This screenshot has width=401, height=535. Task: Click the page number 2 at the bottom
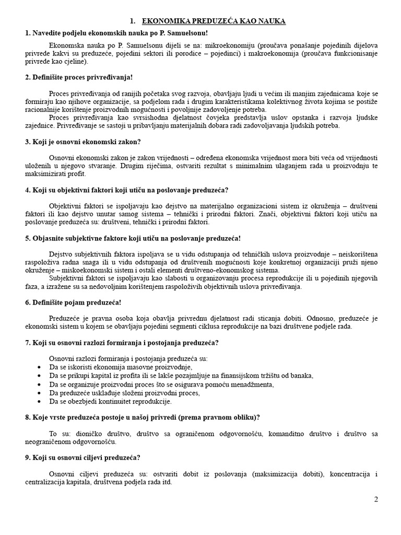click(375, 499)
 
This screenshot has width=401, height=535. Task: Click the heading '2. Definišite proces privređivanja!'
click(79, 77)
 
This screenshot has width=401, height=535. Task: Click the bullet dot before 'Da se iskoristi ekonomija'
click(41, 367)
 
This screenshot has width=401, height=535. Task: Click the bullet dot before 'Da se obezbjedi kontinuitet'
click(41, 402)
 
